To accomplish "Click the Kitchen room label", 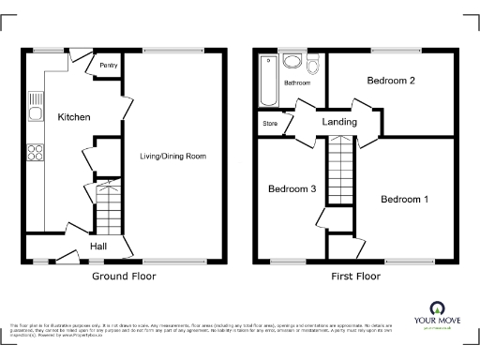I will click(74, 117).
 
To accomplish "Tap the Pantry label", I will click(108, 67).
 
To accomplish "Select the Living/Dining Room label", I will click(173, 156).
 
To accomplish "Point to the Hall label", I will click(97, 246).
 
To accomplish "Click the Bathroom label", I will click(298, 83).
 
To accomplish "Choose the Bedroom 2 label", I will click(391, 81).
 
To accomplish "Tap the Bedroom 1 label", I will click(404, 199).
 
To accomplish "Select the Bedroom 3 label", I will click(292, 189).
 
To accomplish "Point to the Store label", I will click(270, 123).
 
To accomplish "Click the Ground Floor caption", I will click(124, 277).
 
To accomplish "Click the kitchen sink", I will click(35, 114).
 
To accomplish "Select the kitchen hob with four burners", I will click(35, 153).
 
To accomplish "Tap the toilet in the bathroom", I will click(314, 63).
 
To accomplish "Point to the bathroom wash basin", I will click(292, 63).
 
